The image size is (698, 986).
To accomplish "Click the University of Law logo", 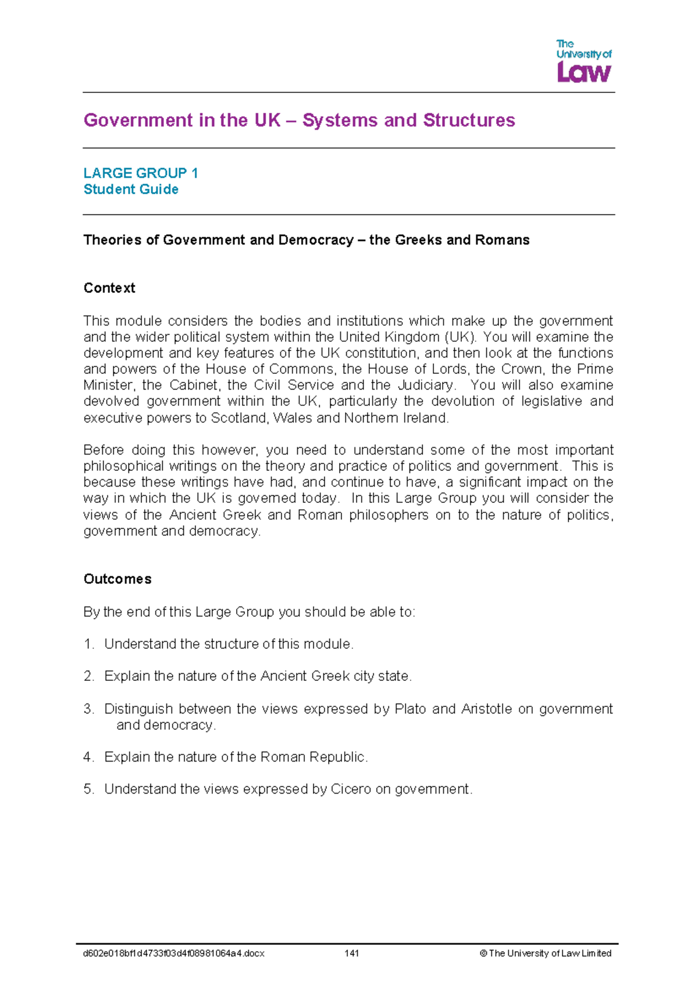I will (x=583, y=60).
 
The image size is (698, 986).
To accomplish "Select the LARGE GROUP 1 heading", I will (x=141, y=173).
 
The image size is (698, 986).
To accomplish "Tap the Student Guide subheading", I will (x=131, y=190).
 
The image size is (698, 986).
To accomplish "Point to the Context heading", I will (x=109, y=288).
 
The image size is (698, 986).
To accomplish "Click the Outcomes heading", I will (x=117, y=579).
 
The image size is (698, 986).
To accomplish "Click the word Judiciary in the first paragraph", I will (x=425, y=385).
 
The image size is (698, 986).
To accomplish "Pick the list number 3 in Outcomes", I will (x=88, y=709).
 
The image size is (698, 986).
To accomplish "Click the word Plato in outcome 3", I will (x=410, y=709).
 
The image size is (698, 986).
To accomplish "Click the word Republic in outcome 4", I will (x=338, y=758).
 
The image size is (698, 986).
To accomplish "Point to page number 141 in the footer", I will (x=351, y=953).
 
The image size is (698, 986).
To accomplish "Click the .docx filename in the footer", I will (x=174, y=953).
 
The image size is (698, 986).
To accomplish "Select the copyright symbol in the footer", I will (x=483, y=953).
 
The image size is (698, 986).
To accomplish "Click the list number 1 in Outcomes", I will (x=88, y=644).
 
